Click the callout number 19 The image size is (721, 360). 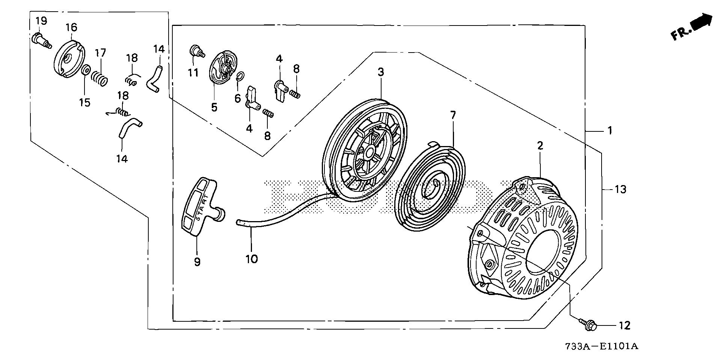coord(41,21)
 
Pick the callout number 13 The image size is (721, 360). coord(620,190)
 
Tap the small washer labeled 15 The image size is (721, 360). coord(85,70)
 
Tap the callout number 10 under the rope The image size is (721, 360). coord(252,259)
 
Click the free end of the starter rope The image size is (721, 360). coord(239,222)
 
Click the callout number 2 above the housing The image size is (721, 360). coord(540,146)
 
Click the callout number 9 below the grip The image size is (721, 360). coord(197,262)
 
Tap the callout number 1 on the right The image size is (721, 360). coord(610,131)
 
